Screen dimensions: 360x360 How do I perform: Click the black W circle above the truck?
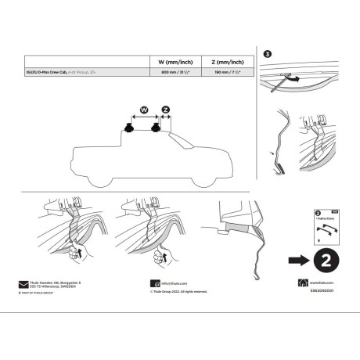(144, 110)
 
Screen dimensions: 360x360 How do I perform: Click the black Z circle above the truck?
(165, 110)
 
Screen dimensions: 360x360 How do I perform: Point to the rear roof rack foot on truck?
(127, 127)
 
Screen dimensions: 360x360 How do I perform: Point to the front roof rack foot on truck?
(157, 127)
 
